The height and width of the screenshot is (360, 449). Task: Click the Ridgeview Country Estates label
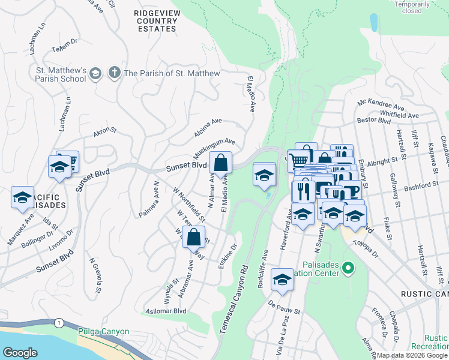[x=155, y=20]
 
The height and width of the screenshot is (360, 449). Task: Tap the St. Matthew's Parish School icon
[x=95, y=74]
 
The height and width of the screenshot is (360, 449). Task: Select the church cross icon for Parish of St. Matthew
[x=114, y=74]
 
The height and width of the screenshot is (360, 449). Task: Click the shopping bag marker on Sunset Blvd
[x=221, y=163]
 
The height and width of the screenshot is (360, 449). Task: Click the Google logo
[x=20, y=353]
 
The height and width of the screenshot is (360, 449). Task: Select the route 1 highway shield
[x=58, y=323]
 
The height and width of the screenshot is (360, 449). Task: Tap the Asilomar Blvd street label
[x=166, y=311]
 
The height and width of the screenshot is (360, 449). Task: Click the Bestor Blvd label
[x=374, y=121]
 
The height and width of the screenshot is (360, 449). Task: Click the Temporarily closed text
[x=412, y=7]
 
